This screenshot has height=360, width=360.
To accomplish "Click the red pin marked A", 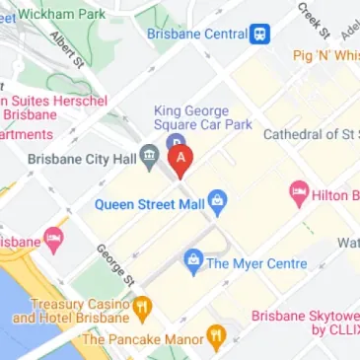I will pos(180,159).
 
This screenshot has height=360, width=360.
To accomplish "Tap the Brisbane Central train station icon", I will pos(259,33).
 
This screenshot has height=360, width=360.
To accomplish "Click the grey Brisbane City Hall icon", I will pos(149,155).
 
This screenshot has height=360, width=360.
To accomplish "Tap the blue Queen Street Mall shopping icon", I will pos(219,205).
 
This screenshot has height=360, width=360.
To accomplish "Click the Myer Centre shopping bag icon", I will pos(192,261).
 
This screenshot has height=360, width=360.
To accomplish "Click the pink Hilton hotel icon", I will pos(298,193).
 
